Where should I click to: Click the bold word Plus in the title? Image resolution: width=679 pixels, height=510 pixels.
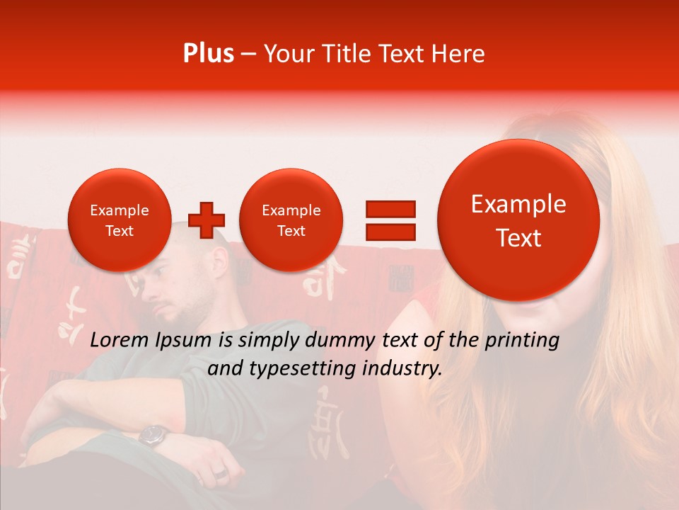coord(209,54)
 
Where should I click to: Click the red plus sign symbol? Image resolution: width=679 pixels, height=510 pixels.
coord(207,220)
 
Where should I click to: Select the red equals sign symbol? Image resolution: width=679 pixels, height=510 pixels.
coord(390,220)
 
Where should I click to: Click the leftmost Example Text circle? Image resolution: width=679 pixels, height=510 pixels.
coord(119,220)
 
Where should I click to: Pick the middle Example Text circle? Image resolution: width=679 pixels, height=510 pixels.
coord(291,220)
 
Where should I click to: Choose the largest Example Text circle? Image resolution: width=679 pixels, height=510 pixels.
coord(518,220)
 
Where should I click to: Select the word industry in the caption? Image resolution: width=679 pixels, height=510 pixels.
coord(402,369)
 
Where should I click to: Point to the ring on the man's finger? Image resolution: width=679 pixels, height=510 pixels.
coord(220,472)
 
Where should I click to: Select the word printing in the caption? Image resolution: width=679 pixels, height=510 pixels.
coord(521,341)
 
